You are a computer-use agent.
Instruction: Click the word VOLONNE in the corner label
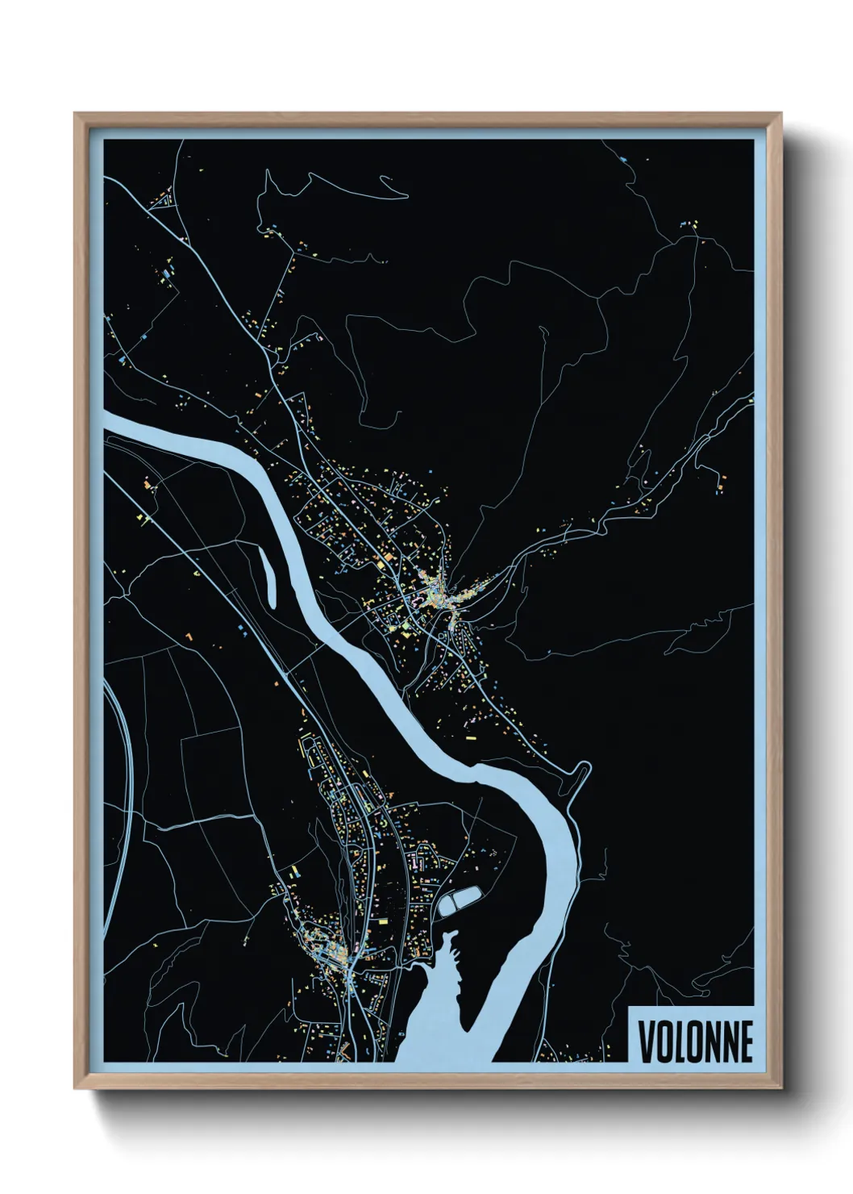tap(695, 1042)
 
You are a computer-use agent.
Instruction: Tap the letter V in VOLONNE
tap(646, 1042)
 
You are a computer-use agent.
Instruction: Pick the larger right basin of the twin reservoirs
tap(469, 895)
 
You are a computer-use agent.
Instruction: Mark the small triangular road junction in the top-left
tap(164, 199)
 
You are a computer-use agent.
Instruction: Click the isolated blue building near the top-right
tap(625, 160)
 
